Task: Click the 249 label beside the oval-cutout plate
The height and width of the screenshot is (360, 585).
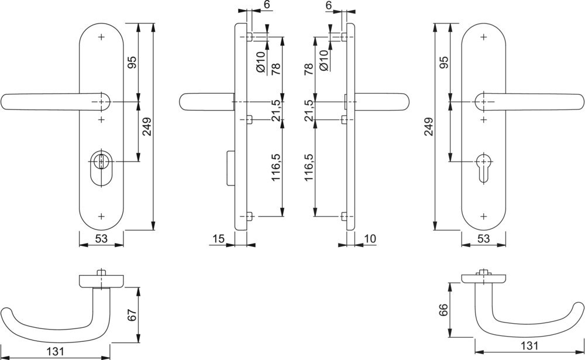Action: pos(147,127)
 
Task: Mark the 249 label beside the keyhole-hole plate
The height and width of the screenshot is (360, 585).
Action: pos(429,127)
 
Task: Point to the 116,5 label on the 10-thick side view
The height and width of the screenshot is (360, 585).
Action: pos(309,167)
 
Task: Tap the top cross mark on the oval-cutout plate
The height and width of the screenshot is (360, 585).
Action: pos(101,37)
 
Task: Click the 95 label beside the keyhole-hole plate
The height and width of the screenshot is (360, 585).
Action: pos(443,63)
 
